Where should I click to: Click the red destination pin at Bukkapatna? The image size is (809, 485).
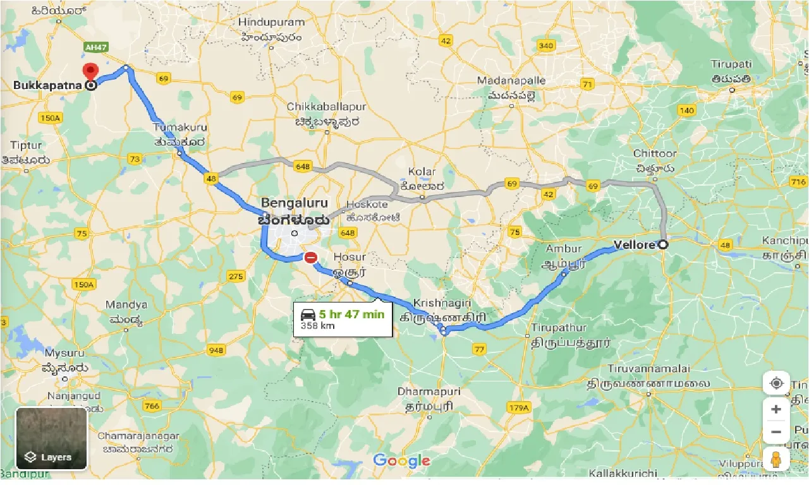91,71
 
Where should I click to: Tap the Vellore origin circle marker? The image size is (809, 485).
663,245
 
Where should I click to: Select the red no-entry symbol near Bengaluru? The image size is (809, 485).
310,258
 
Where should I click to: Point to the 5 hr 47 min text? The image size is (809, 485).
351,314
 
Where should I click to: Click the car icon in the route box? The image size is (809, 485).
308,314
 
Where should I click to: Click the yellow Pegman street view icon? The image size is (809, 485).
776,458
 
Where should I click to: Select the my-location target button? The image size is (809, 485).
776,383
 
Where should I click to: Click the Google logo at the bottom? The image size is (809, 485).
401,461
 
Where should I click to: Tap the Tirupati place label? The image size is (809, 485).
731,64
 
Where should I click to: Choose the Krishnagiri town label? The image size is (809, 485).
435,303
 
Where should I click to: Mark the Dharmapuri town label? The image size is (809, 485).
429,392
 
